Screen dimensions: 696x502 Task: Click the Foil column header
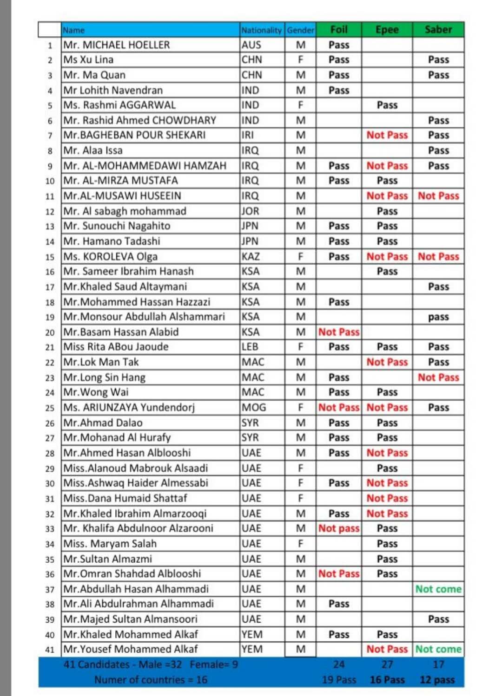[339, 30]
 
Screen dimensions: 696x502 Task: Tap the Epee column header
[387, 30]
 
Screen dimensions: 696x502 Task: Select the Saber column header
[438, 30]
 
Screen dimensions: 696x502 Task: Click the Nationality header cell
[261, 30]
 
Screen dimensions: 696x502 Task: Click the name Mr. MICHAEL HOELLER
[117, 45]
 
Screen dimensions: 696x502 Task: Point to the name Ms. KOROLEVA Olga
[111, 256]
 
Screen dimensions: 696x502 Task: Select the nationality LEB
[250, 347]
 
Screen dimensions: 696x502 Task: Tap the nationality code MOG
[254, 408]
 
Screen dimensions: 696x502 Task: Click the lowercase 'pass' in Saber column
[438, 317]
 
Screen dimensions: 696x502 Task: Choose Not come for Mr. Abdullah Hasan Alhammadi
[438, 589]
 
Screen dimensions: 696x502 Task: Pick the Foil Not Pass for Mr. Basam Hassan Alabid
[339, 332]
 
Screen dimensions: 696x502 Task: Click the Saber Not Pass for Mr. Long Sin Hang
[438, 377]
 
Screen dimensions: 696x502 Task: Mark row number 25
[50, 408]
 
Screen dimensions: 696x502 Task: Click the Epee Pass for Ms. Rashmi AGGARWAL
[387, 105]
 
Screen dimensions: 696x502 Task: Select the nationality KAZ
[251, 256]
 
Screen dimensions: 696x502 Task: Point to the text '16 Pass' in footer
[387, 680]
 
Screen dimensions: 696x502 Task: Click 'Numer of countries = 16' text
[151, 680]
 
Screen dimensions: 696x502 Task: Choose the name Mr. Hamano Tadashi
[112, 241]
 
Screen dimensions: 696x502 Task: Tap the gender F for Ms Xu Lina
[300, 60]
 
